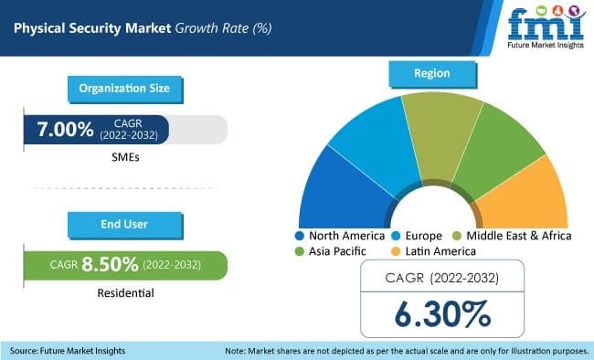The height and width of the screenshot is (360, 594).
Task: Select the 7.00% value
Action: [x=65, y=130]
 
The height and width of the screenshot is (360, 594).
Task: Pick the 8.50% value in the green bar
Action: [x=110, y=265]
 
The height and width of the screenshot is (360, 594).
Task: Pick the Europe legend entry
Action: [x=420, y=236]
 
